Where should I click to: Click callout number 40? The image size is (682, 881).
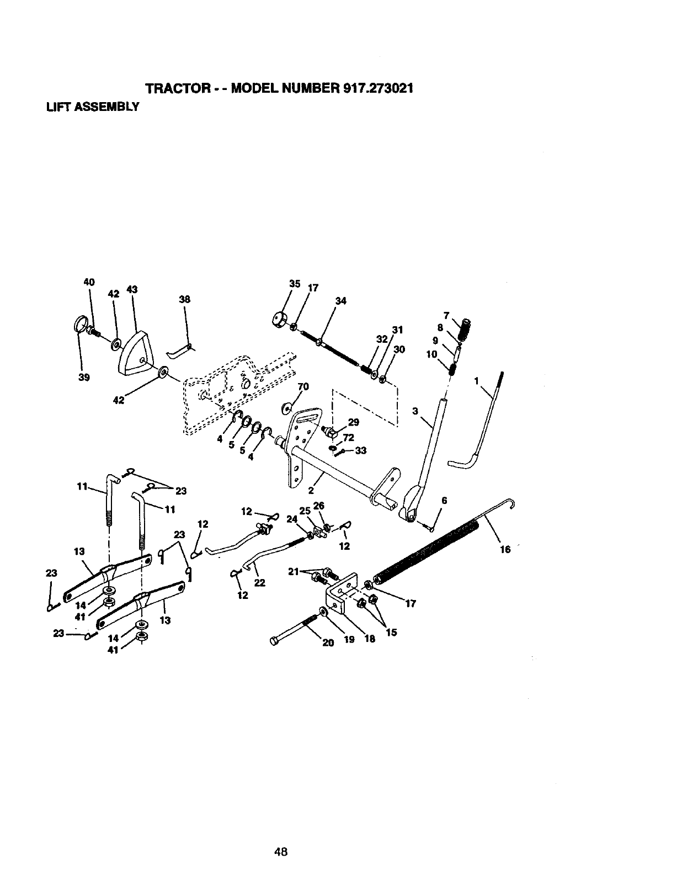(x=89, y=282)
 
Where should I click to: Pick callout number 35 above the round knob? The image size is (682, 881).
(x=295, y=284)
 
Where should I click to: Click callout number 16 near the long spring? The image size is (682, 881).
(x=505, y=549)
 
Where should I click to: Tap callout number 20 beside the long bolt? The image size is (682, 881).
(x=328, y=642)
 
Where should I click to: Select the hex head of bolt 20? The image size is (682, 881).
(x=275, y=641)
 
